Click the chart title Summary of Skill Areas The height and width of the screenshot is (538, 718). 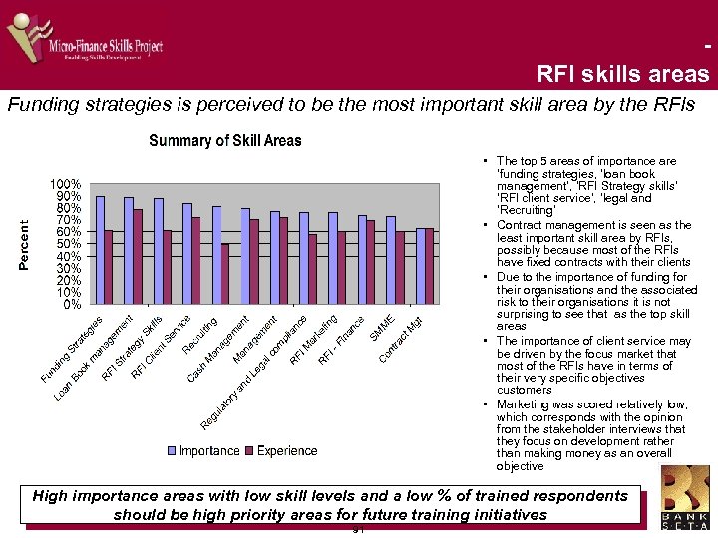point(224,140)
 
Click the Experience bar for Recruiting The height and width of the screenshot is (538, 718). point(224,274)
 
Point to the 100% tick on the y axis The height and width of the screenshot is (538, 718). point(67,184)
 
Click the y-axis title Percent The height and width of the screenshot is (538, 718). point(25,245)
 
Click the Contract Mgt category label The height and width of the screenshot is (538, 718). point(402,339)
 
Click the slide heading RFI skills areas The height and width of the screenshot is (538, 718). point(622,74)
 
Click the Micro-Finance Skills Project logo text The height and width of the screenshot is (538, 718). point(106,46)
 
